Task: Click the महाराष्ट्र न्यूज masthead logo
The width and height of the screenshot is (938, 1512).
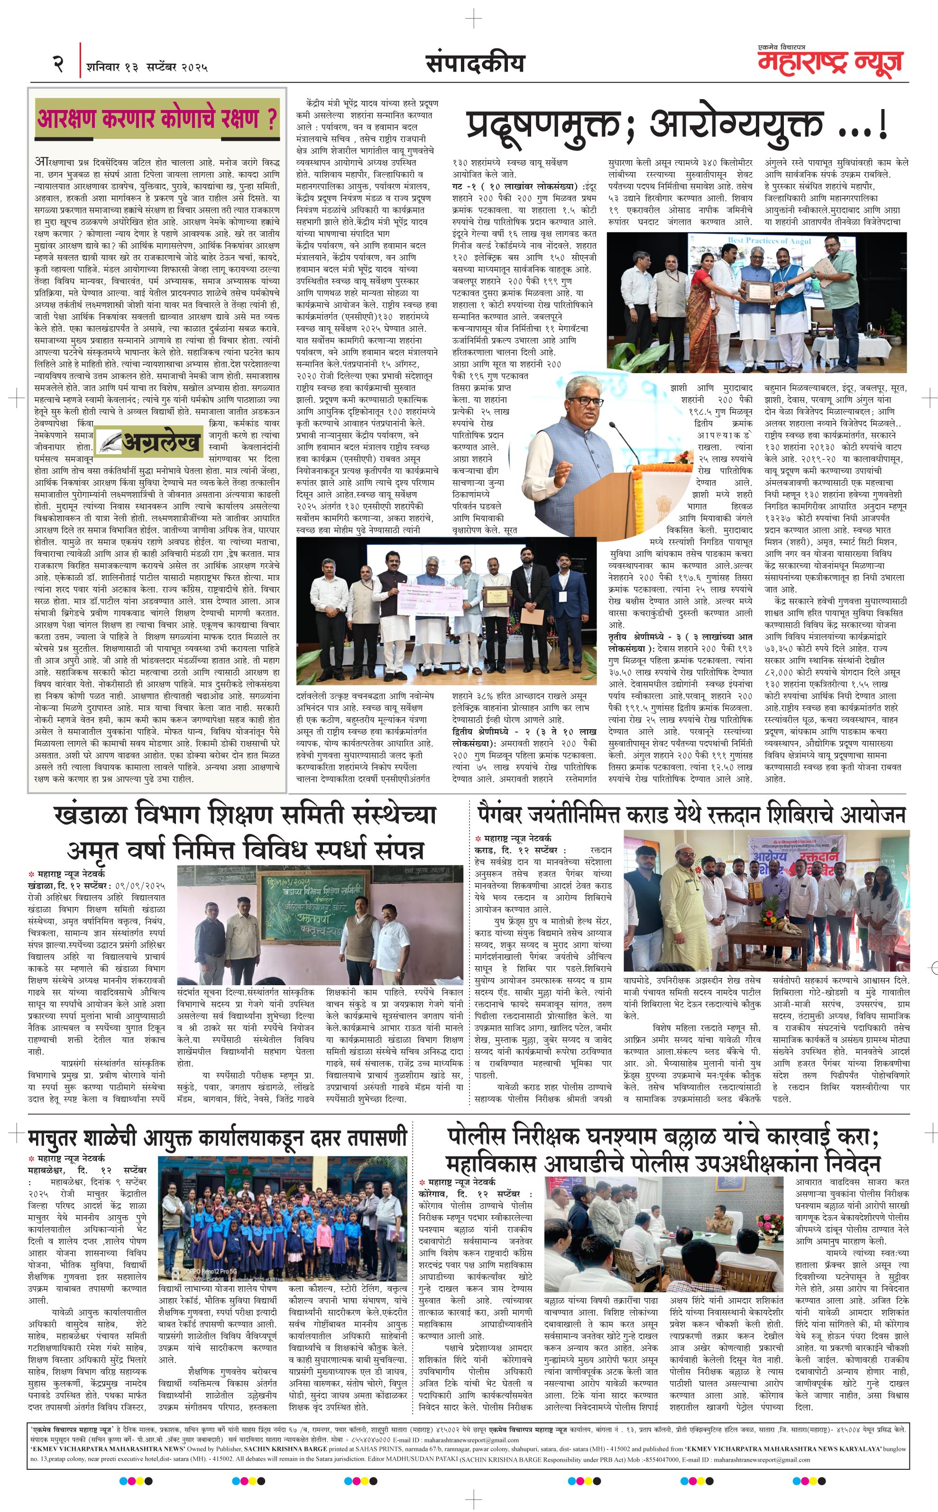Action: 830,63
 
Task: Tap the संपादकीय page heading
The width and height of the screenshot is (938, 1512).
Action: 475,63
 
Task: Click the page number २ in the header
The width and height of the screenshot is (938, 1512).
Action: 58,64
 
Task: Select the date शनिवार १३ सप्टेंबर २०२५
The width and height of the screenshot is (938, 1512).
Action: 147,67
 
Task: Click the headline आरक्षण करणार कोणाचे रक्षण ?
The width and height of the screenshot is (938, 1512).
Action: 157,118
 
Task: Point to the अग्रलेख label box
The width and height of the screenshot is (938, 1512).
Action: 148,441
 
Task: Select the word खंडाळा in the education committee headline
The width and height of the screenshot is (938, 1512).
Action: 90,815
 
